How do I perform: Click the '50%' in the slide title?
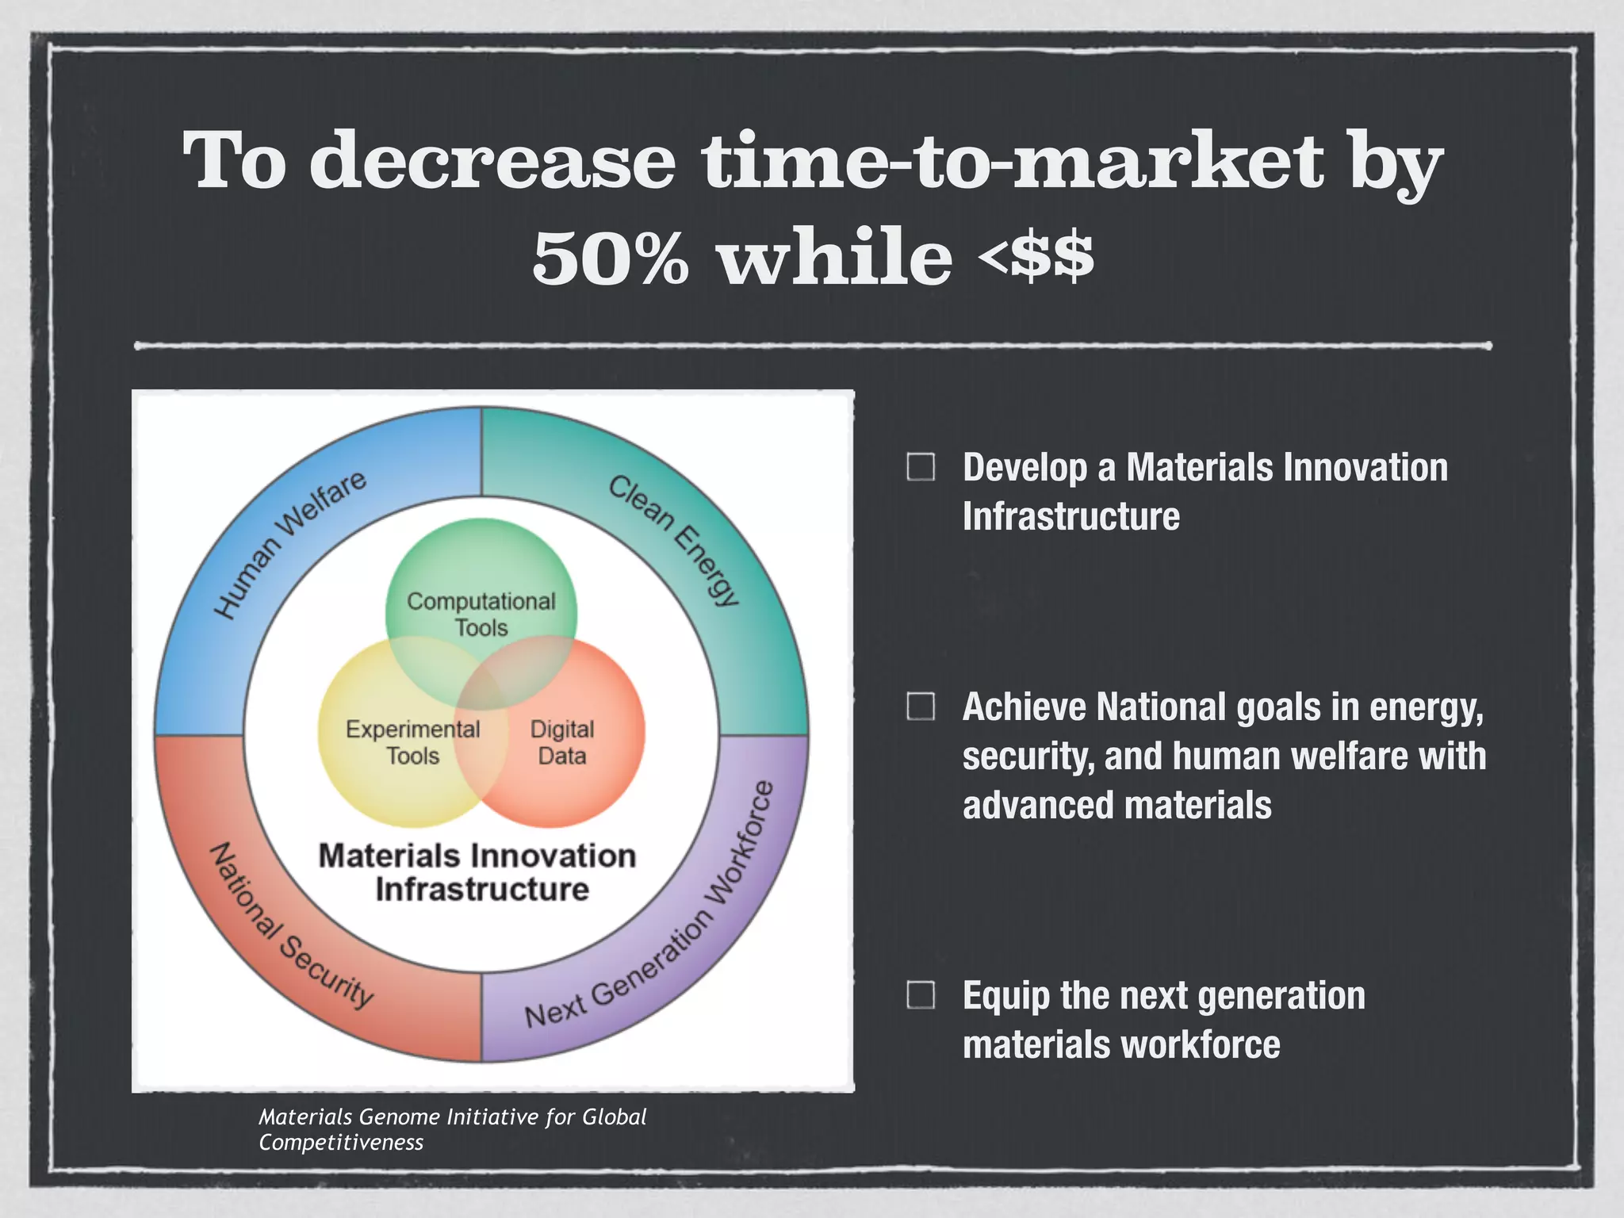[x=611, y=258]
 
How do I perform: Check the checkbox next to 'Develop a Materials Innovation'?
[x=921, y=467]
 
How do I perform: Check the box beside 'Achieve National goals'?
[x=921, y=706]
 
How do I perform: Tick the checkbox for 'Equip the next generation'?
[x=921, y=994]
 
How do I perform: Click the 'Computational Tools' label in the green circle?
[x=481, y=614]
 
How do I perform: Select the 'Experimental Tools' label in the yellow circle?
[x=412, y=742]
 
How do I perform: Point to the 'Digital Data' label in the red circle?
[x=562, y=742]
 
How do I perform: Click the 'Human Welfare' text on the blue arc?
[x=290, y=544]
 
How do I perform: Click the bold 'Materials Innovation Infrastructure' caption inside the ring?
[x=479, y=872]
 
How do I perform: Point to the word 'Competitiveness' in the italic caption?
[x=341, y=1143]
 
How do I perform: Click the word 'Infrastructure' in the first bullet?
[x=1071, y=516]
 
